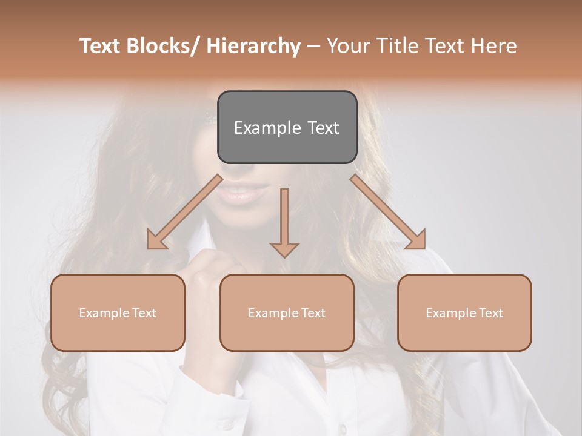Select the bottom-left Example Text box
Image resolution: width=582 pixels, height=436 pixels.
click(118, 312)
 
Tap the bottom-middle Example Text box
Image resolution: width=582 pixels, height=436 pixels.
click(287, 312)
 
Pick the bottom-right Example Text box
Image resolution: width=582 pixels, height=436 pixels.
click(464, 312)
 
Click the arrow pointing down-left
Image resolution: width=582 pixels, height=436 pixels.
click(185, 213)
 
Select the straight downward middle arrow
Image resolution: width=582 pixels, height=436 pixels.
click(284, 222)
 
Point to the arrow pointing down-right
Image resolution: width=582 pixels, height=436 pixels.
click(388, 213)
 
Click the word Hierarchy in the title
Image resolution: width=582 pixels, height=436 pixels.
click(253, 46)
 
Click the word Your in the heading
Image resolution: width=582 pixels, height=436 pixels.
click(347, 46)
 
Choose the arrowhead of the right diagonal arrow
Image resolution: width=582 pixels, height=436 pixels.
click(416, 240)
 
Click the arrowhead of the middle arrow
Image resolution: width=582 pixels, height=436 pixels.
click(284, 249)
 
